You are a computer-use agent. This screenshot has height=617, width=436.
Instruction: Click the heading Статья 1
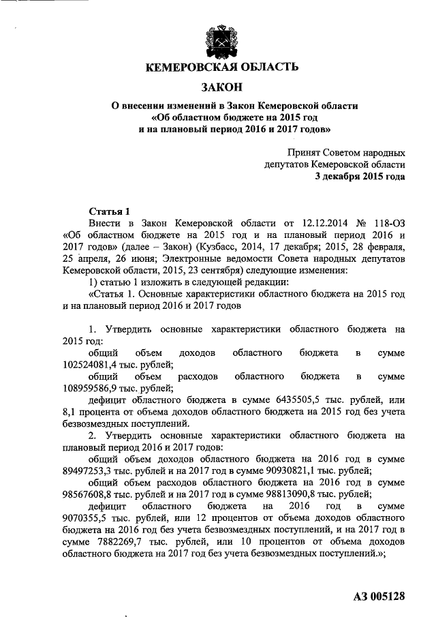pos(109,211)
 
